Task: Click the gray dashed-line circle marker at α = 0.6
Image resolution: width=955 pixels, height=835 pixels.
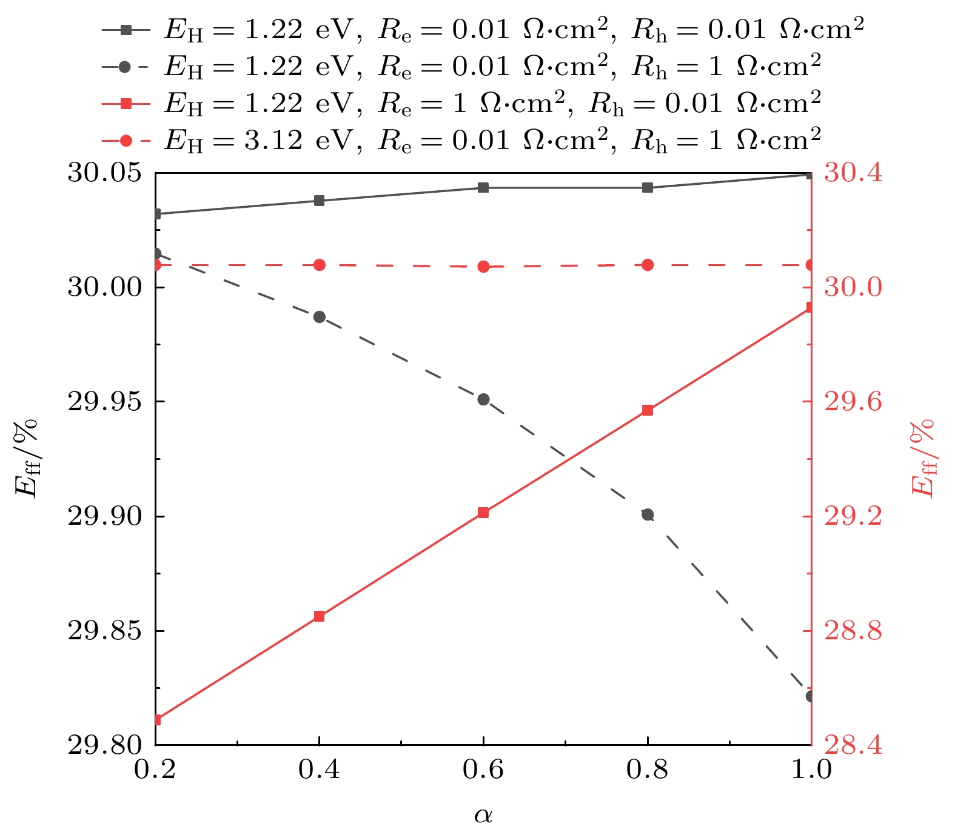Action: tap(483, 399)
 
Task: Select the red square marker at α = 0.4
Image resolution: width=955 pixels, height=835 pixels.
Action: tap(320, 616)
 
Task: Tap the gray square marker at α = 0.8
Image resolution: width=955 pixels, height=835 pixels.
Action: tap(648, 188)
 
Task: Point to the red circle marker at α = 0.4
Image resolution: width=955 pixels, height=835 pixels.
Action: tap(320, 265)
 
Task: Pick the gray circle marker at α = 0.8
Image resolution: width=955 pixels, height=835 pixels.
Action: tap(648, 514)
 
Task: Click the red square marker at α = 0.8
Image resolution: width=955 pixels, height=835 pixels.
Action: tap(648, 410)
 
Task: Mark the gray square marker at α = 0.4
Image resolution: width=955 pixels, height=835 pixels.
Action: tap(320, 201)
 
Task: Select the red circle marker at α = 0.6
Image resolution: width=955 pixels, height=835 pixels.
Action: tap(483, 267)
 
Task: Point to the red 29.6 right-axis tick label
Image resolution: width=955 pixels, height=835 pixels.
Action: tap(853, 401)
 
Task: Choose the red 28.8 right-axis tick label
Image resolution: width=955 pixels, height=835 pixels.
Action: tap(853, 631)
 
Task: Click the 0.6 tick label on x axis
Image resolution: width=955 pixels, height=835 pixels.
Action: tap(483, 770)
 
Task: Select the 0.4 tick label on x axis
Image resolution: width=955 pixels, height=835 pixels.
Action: tap(320, 770)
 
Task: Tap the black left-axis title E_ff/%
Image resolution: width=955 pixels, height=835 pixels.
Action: tap(27, 458)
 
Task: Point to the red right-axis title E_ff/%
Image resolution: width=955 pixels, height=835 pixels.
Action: tap(922, 458)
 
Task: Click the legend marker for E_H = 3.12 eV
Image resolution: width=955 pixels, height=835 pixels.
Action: tap(126, 141)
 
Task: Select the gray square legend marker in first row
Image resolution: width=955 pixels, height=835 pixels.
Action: tap(126, 29)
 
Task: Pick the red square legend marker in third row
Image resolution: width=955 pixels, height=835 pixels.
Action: tap(126, 104)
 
